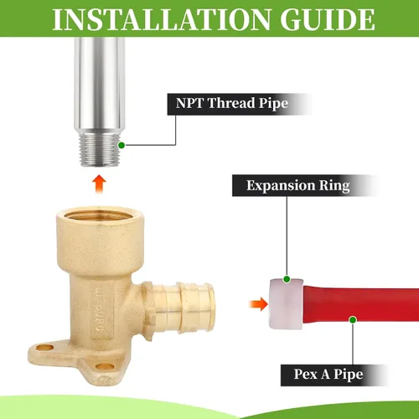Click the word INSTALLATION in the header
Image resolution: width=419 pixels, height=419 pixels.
pos(162,19)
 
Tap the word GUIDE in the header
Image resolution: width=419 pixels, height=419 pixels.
pos(328,19)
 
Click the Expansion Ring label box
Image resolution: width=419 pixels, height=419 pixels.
pos(305,185)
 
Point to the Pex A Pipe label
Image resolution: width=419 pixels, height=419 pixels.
pos(334,375)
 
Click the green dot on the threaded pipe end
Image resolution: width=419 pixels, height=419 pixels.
pos(122,145)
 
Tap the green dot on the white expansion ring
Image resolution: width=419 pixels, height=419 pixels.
pos(287,279)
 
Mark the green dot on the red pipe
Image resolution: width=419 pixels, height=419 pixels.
pos(353,320)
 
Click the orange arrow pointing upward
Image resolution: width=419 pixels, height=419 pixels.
pos(99,184)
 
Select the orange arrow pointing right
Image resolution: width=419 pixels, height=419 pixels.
pos(259,304)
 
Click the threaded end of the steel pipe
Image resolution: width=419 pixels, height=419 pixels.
pos(100,150)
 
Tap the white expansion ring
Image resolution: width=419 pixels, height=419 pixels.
pos(286,303)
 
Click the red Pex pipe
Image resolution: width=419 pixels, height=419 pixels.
pos(361,304)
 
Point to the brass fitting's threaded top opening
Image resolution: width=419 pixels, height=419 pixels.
pos(100,215)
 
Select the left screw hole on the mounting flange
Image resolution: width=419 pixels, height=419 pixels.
pos(45,348)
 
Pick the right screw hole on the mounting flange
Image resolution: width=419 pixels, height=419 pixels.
pos(105,366)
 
